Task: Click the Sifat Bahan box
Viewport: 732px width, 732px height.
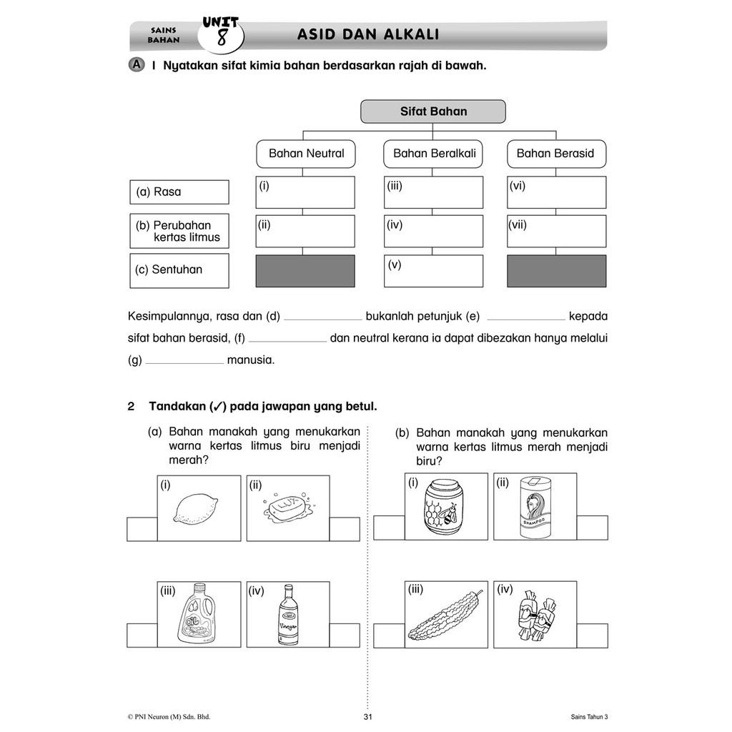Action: [x=432, y=112]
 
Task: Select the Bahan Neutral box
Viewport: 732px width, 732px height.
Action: [x=306, y=154]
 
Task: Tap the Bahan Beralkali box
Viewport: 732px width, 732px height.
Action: [x=434, y=154]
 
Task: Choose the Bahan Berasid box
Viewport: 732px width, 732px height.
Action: [x=555, y=154]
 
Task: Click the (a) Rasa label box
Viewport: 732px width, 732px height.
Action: [x=179, y=192]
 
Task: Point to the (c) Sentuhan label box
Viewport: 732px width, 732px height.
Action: [x=179, y=270]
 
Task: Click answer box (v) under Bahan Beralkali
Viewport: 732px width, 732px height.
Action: [x=433, y=271]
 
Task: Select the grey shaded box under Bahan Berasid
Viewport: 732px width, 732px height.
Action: [x=556, y=271]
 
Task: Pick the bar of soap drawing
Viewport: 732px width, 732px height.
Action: [x=287, y=508]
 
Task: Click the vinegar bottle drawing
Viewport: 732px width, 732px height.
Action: [x=287, y=615]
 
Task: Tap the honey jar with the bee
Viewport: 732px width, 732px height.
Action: [x=445, y=507]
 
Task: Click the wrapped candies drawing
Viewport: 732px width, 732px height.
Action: [x=534, y=614]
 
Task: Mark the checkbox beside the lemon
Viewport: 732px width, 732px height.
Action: [x=142, y=529]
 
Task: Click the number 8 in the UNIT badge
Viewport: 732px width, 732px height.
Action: [x=222, y=38]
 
